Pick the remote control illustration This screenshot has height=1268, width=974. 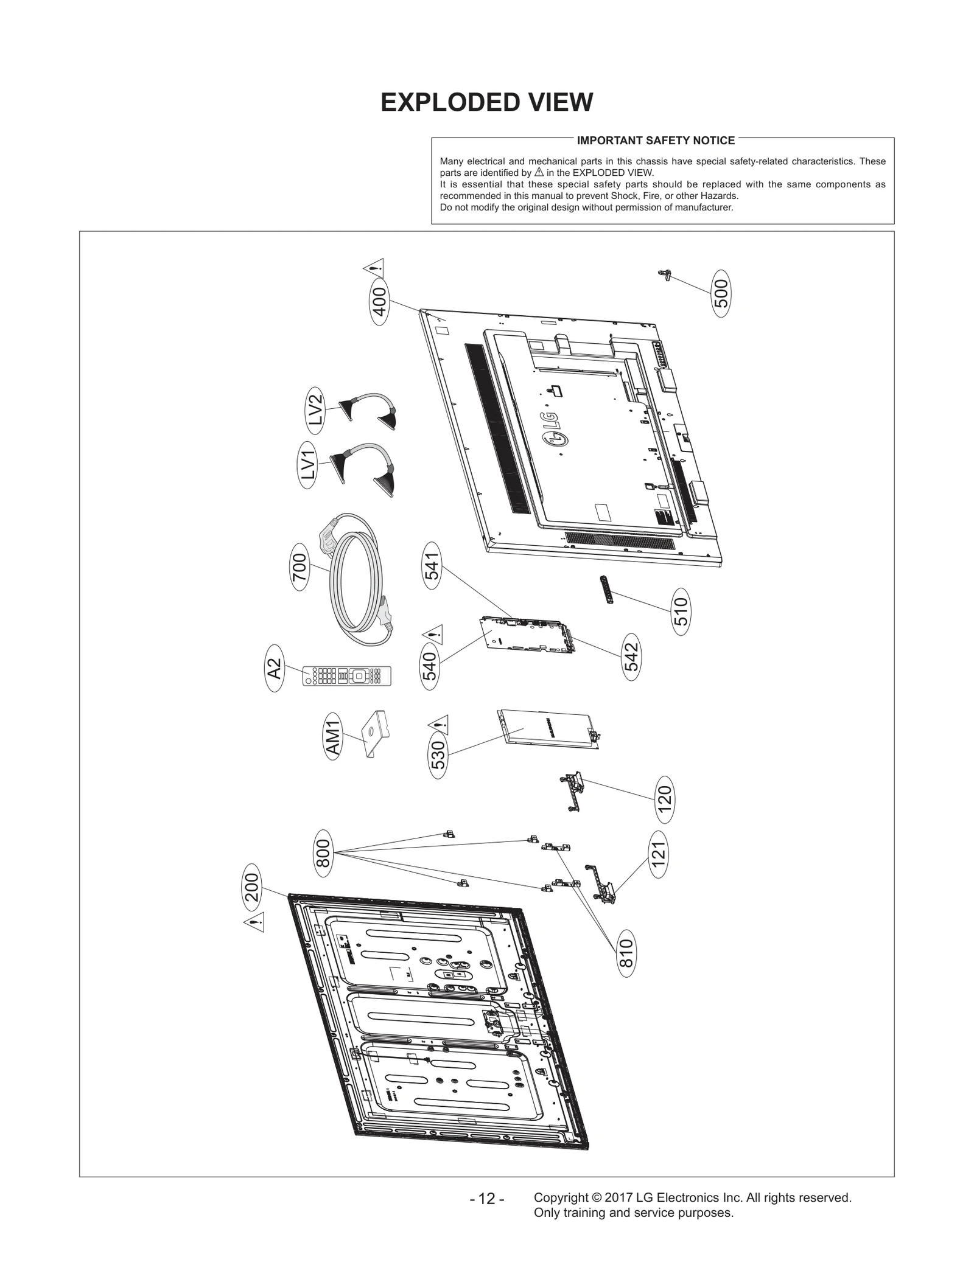point(347,675)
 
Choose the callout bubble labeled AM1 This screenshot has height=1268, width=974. point(332,737)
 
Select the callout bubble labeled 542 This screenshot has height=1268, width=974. point(631,657)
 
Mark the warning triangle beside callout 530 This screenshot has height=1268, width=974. point(438,724)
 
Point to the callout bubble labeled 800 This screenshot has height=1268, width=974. point(323,853)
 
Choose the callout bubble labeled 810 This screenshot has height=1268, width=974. point(626,953)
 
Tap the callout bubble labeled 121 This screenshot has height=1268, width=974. point(658,854)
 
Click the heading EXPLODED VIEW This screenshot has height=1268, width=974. point(486,102)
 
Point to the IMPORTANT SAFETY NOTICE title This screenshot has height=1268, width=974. point(656,141)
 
